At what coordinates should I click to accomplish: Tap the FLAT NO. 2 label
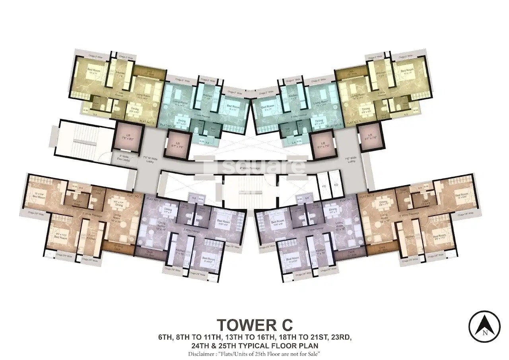click(154, 197)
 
